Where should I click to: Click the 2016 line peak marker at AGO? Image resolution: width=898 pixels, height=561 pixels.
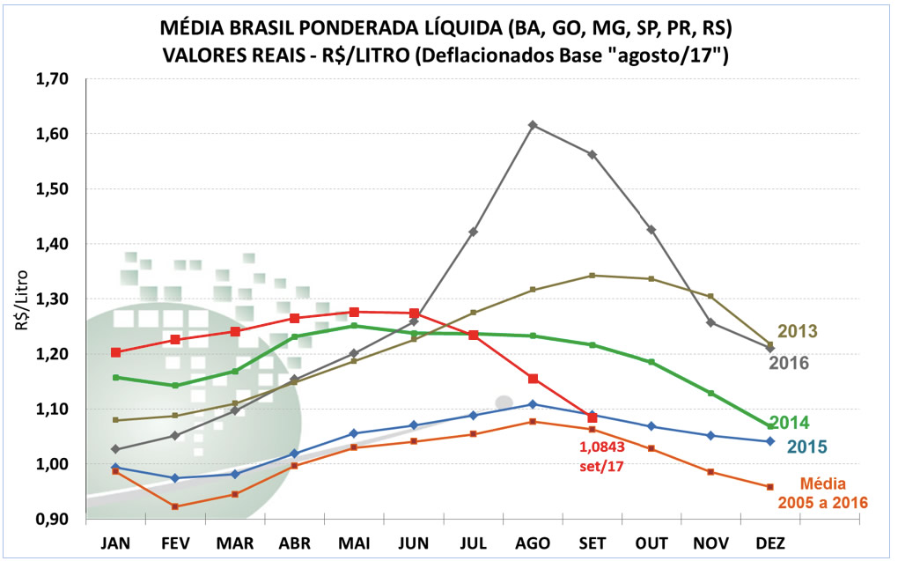point(533,125)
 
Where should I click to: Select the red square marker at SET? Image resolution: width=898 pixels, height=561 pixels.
point(593,417)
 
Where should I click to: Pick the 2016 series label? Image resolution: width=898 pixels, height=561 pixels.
point(789,362)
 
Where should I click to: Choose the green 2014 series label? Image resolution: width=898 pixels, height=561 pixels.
point(790,423)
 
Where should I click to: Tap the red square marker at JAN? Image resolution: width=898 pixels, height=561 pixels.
point(115,352)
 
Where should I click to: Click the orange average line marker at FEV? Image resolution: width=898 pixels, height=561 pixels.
point(174,506)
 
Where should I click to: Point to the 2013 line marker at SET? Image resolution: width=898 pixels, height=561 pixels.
point(593,276)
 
